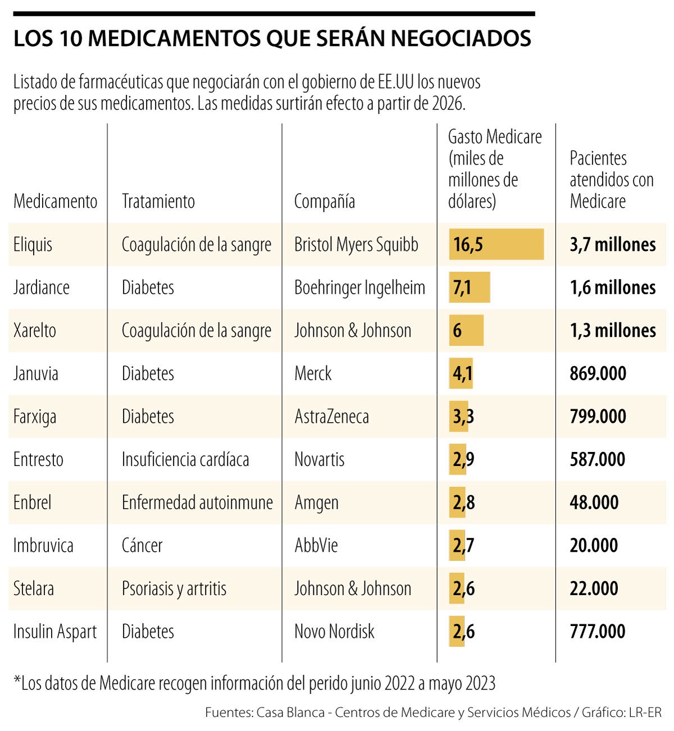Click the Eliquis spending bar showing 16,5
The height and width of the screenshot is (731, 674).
(496, 244)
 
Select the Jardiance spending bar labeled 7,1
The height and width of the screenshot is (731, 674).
(469, 287)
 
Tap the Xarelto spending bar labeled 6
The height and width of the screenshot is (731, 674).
(466, 330)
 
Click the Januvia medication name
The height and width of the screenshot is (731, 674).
(36, 373)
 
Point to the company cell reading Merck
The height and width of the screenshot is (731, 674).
(313, 373)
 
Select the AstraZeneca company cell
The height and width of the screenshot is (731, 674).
(331, 417)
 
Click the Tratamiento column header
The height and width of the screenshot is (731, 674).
(158, 201)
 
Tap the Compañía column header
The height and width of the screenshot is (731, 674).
(324, 201)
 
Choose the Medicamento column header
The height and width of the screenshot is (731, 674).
(55, 201)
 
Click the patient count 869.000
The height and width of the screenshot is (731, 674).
(598, 373)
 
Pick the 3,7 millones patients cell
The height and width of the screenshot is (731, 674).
(612, 244)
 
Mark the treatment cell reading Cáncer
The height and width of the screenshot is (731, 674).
(142, 545)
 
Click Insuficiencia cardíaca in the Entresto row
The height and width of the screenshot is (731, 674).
(185, 459)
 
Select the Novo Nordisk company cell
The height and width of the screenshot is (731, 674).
(334, 631)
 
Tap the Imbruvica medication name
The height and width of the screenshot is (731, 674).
(43, 545)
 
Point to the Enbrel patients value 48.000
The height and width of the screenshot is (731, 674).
(594, 502)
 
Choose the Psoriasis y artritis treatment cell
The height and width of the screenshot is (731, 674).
(174, 588)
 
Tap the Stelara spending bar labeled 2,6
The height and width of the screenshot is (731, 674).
(457, 588)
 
